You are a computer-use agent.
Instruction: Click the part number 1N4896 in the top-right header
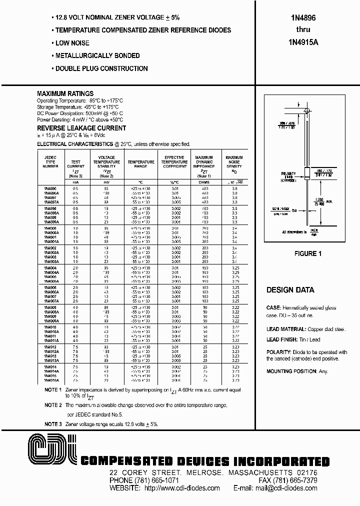[x=306, y=17]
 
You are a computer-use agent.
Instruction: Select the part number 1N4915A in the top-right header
[x=306, y=42]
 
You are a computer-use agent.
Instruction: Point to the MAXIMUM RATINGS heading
[x=65, y=93]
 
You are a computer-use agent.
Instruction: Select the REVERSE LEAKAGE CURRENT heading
[x=81, y=128]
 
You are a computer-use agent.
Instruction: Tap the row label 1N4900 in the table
[x=50, y=227]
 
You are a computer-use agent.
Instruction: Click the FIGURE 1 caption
[x=307, y=253]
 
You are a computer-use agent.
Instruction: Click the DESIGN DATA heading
[x=290, y=290]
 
